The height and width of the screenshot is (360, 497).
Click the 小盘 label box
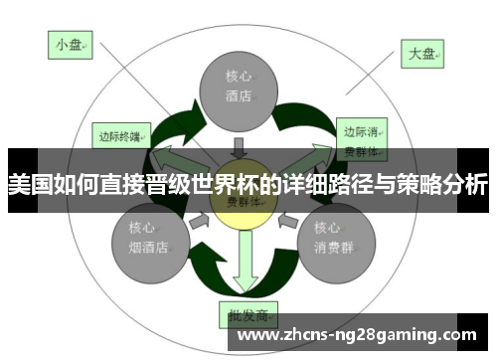coord(71,45)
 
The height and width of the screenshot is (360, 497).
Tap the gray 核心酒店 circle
coord(238,88)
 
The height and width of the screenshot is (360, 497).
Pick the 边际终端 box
coord(121,132)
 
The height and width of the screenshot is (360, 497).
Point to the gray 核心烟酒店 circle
coord(146,240)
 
